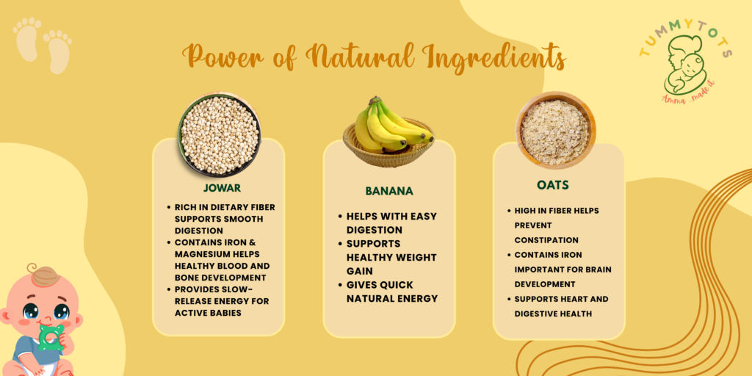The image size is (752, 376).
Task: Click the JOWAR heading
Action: click(x=222, y=187)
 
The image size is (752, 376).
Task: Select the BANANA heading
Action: click(x=389, y=191)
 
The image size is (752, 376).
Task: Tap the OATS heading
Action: click(x=552, y=184)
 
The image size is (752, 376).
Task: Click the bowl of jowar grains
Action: click(x=219, y=134)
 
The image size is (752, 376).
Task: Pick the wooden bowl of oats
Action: click(x=555, y=130)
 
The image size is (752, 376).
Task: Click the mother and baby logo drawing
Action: click(x=684, y=64)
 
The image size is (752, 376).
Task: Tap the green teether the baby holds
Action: click(x=51, y=337)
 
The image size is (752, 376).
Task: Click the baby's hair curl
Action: click(x=32, y=267)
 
